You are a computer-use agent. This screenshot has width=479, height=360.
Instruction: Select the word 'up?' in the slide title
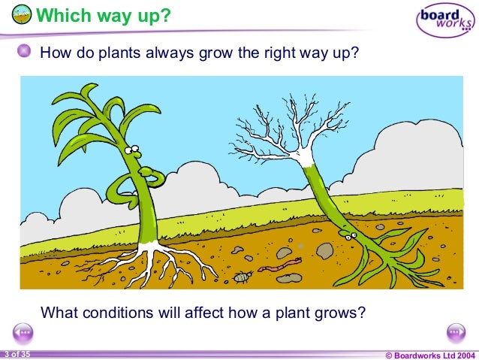[x=152, y=15]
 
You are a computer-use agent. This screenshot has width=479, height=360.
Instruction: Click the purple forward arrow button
[x=456, y=332]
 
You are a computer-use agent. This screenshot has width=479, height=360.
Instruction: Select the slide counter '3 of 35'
[x=16, y=354]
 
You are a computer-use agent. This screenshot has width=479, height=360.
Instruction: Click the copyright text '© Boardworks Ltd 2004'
[x=429, y=354]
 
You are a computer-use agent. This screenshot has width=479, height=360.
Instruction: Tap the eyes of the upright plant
[x=133, y=150]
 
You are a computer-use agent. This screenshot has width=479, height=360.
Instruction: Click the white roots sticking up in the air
[x=289, y=132]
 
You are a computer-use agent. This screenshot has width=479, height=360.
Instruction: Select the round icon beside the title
[x=23, y=15]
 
